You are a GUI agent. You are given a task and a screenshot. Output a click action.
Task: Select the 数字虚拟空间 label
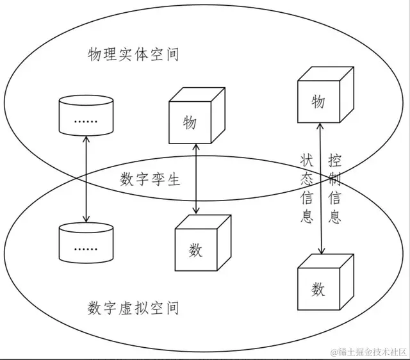click(x=133, y=309)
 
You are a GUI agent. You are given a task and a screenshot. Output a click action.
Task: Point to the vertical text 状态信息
click(x=306, y=188)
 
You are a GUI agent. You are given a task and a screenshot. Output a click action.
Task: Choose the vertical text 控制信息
click(x=334, y=188)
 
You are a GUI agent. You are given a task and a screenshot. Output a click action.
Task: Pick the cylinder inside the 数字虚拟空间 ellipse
click(x=85, y=243)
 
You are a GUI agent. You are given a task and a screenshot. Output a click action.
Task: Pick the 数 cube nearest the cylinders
click(x=199, y=245)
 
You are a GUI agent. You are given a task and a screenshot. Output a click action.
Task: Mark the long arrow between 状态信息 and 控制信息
click(x=320, y=190)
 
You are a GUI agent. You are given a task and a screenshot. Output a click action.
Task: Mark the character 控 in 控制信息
click(x=334, y=158)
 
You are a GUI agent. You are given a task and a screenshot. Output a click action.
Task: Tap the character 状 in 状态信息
click(x=306, y=158)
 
